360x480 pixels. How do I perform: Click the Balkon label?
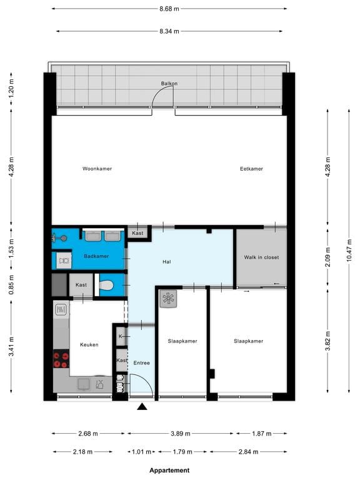point(169,83)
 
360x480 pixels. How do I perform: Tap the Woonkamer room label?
point(97,169)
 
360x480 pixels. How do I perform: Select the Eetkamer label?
point(251,169)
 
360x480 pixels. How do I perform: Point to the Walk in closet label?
point(261,257)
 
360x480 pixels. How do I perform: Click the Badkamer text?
point(96,256)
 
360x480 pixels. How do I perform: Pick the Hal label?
point(167,262)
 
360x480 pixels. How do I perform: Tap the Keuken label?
point(89,345)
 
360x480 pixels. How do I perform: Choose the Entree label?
point(141,362)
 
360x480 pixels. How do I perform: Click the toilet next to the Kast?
point(106,285)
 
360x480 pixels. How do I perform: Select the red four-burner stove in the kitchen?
point(61,360)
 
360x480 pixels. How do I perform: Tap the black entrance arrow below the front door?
point(142,406)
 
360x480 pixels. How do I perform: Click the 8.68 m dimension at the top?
point(169,9)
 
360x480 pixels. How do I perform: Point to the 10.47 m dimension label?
point(349,251)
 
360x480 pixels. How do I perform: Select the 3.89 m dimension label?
point(181,434)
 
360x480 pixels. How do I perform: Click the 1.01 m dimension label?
point(141,452)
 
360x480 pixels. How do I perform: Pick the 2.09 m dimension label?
point(328,257)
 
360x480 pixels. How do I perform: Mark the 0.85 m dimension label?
point(11,285)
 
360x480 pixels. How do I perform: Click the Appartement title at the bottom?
point(169,470)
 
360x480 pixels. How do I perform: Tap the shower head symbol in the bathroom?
point(60,238)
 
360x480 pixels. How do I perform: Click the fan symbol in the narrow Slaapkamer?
point(168,299)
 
